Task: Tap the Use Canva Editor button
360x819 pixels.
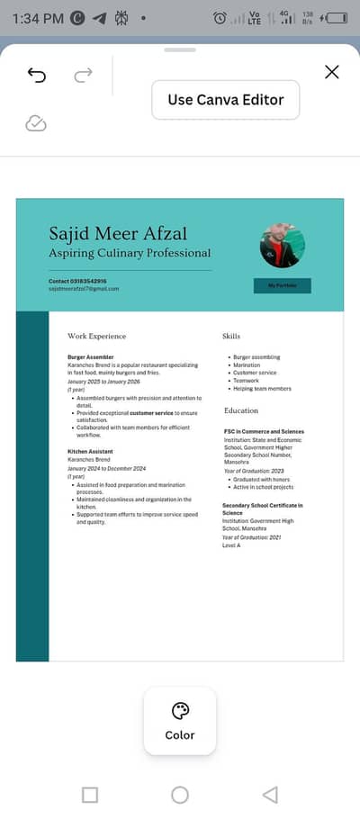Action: tap(225, 100)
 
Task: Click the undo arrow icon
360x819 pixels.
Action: tap(37, 76)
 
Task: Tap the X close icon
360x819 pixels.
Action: tap(331, 72)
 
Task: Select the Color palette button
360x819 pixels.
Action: tap(180, 720)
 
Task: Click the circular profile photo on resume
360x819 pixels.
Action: tap(283, 246)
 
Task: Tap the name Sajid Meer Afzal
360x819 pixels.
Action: tap(119, 234)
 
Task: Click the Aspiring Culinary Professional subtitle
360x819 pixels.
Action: tap(130, 253)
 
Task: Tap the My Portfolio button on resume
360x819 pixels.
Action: tap(282, 285)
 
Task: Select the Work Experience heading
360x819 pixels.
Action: tap(96, 336)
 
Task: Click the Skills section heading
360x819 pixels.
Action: tap(231, 336)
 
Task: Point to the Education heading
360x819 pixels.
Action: tap(241, 410)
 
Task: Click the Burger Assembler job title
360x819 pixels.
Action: tap(91, 357)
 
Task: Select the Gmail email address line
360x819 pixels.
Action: tap(84, 289)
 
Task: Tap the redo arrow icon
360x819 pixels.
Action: tap(83, 76)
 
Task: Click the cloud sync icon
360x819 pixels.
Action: tap(36, 123)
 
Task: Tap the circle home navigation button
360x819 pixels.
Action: tap(180, 794)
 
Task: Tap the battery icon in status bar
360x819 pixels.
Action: tap(336, 18)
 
